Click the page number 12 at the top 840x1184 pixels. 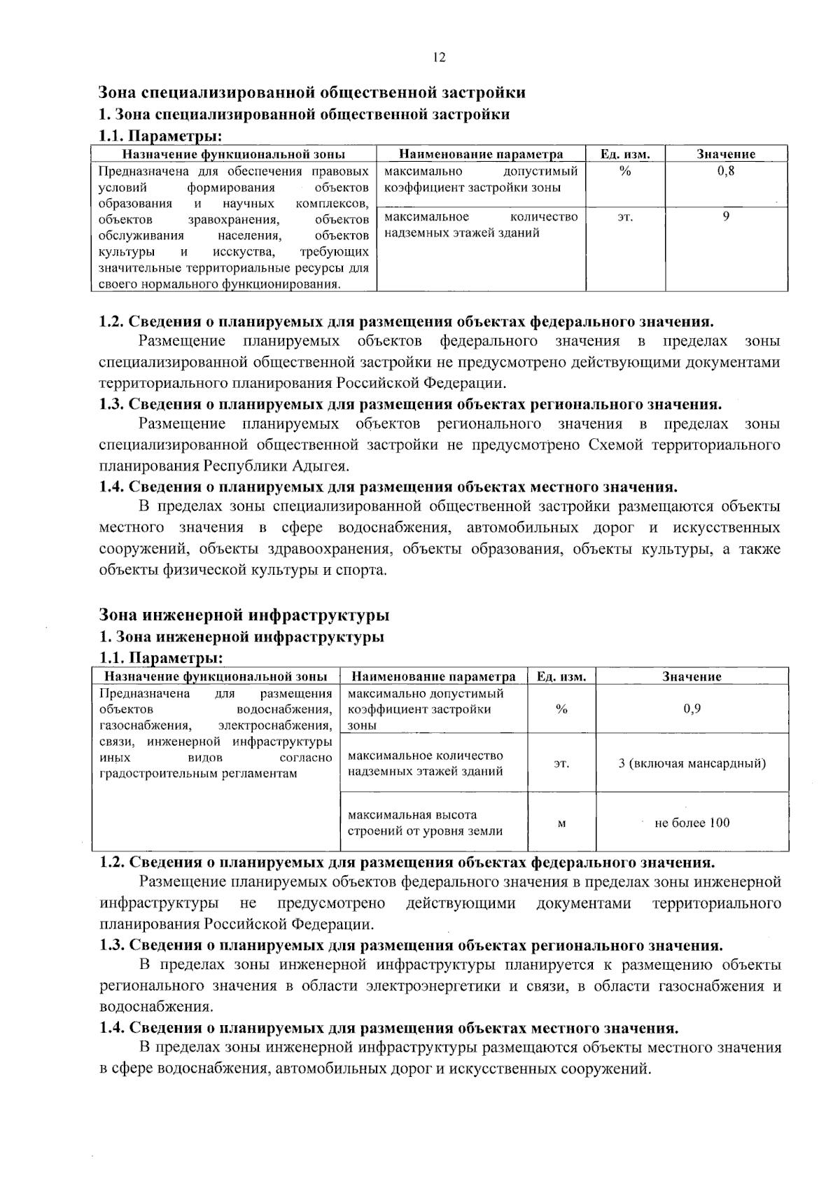click(439, 58)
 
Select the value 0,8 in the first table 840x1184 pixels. click(726, 172)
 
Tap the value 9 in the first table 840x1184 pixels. click(726, 217)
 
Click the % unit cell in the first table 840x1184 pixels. click(625, 172)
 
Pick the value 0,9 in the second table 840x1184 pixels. click(692, 709)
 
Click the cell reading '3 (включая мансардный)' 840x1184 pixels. click(692, 763)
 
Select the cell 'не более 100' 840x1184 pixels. click(692, 823)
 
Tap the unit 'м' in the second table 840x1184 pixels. click(561, 823)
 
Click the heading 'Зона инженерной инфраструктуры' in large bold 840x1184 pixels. click(244, 615)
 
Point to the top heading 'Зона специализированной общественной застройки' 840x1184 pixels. click(311, 92)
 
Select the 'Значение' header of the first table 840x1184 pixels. click(726, 154)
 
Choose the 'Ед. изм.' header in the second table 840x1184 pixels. click(561, 676)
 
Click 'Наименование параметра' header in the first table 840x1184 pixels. click(481, 154)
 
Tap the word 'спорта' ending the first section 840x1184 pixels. click(362, 569)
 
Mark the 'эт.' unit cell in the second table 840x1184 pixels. click(561, 764)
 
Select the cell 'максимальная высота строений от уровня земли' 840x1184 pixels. click(425, 823)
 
